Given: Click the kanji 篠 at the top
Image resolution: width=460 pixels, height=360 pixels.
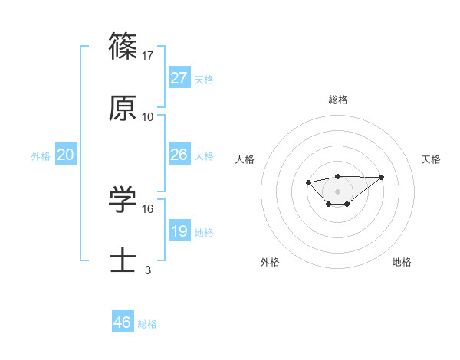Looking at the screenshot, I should [123, 46].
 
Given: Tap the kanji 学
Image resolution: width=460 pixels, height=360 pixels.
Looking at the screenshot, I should [123, 200].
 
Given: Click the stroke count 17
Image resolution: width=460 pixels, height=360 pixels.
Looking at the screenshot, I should [148, 55].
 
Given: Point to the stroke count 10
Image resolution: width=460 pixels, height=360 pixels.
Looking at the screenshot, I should [148, 117].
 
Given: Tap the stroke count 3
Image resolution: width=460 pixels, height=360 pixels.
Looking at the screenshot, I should [148, 270].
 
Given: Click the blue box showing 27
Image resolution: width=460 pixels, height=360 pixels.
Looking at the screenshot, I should [179, 77].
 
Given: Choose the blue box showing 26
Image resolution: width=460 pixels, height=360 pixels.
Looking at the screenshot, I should [179, 155].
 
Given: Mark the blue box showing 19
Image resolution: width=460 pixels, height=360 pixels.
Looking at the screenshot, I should [179, 231].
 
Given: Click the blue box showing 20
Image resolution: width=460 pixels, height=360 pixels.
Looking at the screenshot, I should [65, 155].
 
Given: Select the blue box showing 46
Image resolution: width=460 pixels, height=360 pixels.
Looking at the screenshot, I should [123, 322].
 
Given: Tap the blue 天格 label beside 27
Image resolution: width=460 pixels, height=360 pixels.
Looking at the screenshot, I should [203, 80].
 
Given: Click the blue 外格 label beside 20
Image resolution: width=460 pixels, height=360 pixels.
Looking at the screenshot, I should [41, 156].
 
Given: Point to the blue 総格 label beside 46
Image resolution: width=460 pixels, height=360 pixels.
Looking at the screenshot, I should [147, 324].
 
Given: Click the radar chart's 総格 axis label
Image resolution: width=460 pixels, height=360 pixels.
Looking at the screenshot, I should [337, 100].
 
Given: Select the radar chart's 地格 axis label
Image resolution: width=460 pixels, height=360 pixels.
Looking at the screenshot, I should [402, 263].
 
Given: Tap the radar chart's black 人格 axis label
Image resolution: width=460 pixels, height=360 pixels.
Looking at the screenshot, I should [245, 159].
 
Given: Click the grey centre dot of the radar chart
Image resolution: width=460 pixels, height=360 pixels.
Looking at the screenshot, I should [337, 191].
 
